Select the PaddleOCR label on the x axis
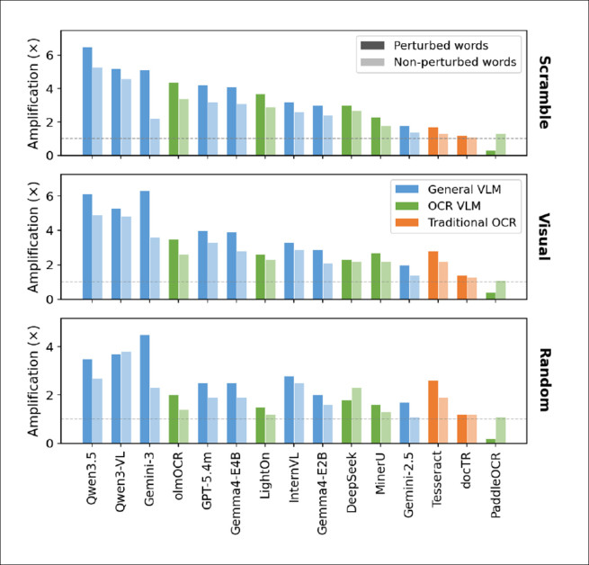click(x=495, y=484)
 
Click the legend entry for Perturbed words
click(x=424, y=46)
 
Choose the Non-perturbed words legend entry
click(x=438, y=62)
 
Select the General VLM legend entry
click(x=448, y=189)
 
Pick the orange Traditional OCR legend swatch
click(x=406, y=222)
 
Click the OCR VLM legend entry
click(x=438, y=206)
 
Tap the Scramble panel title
click(x=544, y=93)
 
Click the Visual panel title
click(x=544, y=237)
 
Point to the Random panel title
click(x=544, y=380)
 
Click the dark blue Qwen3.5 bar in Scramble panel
click(x=87, y=101)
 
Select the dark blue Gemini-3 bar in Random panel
click(x=145, y=389)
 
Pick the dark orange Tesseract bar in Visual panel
click(x=433, y=275)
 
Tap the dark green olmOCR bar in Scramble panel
click(x=174, y=119)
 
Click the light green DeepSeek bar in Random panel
click(x=356, y=416)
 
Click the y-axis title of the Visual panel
click(x=33, y=237)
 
